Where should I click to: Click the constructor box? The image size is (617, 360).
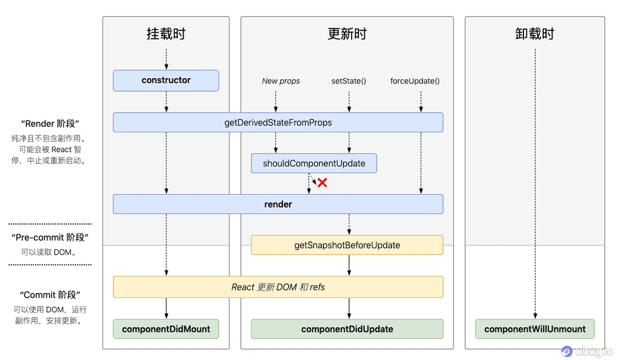[166, 80]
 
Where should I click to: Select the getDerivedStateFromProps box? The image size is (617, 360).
[278, 122]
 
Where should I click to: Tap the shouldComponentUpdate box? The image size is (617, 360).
[314, 163]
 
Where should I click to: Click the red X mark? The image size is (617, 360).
[323, 183]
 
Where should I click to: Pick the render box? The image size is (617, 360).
[278, 204]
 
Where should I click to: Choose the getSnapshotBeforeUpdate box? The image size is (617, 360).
[347, 245]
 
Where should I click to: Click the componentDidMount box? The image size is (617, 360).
[166, 329]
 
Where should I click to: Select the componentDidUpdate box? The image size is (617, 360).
[347, 329]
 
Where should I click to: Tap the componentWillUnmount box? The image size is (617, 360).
[535, 329]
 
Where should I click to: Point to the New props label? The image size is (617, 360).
[281, 81]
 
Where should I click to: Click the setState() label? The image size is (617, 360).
[349, 81]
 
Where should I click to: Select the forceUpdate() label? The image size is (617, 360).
[415, 81]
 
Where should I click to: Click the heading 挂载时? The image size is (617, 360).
[166, 34]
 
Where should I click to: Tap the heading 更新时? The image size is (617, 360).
[347, 34]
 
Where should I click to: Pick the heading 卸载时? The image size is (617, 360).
[535, 34]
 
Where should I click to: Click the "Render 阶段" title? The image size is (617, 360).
[50, 124]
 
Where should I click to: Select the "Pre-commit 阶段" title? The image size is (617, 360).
[50, 237]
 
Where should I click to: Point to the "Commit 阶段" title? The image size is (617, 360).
[50, 295]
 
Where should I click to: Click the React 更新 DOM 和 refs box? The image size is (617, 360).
[278, 287]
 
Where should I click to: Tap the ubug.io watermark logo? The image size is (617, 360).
[567, 351]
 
